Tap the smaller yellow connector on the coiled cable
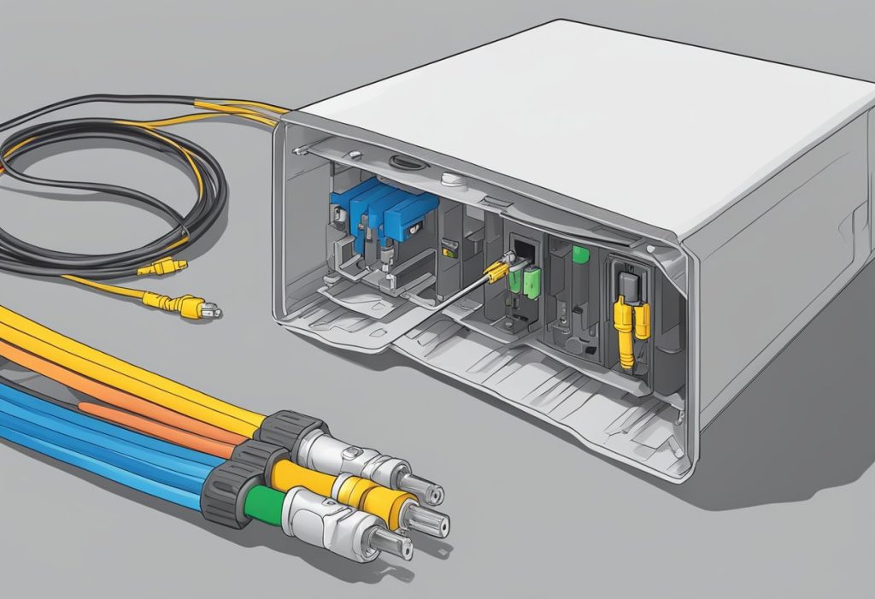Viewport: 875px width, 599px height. (161, 267)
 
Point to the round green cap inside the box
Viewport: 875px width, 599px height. (581, 255)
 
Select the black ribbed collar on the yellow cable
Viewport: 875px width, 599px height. (291, 428)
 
